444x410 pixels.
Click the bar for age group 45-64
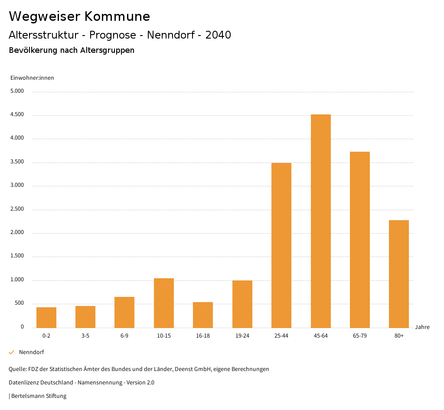(x=320, y=221)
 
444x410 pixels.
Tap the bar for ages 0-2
(x=46, y=317)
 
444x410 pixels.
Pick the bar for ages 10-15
(x=164, y=303)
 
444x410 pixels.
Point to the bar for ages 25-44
(x=281, y=245)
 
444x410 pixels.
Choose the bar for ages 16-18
(x=203, y=315)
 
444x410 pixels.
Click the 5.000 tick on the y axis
(x=17, y=91)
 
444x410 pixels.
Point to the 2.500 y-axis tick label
(x=17, y=209)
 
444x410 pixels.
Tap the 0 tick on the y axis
(x=22, y=327)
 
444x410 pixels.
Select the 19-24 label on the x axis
(x=242, y=336)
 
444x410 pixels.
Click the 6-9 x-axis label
(x=124, y=336)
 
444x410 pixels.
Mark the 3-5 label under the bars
(x=85, y=336)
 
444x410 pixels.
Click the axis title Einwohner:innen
(x=32, y=78)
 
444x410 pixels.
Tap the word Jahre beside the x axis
(x=422, y=327)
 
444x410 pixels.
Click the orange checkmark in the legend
(x=12, y=352)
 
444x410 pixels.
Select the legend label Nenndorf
(x=31, y=352)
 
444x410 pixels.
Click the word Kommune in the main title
(x=117, y=16)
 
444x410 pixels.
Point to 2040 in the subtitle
(x=218, y=35)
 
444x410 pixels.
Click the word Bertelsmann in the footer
(x=28, y=396)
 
